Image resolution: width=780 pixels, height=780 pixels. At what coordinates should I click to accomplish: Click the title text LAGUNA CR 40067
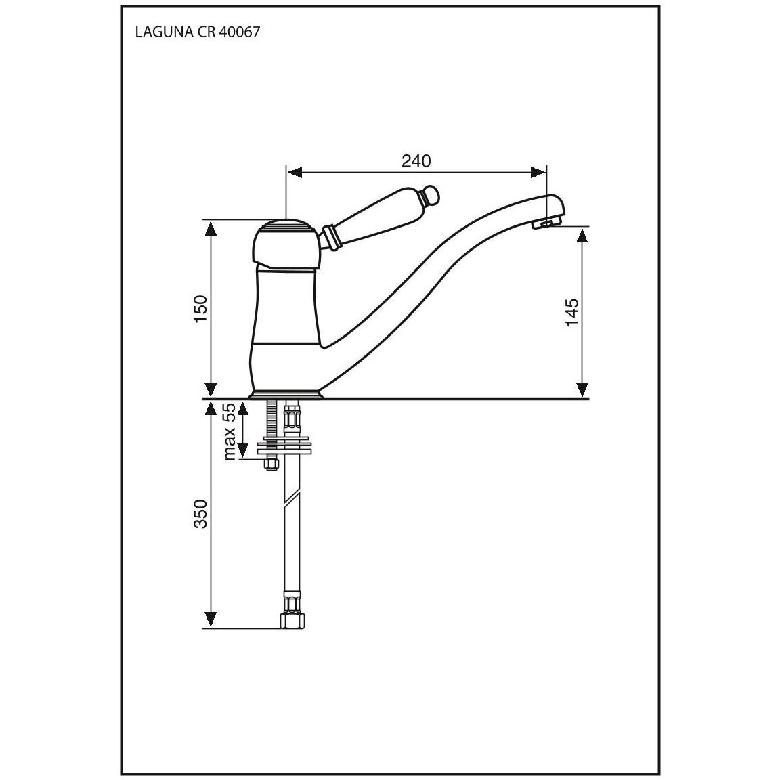(198, 32)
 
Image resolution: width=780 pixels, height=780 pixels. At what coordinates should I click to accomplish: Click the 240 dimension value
(416, 160)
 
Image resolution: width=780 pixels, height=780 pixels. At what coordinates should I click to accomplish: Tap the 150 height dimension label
(200, 309)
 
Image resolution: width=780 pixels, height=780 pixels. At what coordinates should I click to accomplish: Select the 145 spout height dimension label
(572, 312)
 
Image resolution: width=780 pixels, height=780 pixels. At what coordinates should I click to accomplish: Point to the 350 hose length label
(200, 514)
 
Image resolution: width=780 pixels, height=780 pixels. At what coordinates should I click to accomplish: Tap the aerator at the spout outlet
(544, 224)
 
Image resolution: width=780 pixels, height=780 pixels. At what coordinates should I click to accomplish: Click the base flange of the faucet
(286, 394)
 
